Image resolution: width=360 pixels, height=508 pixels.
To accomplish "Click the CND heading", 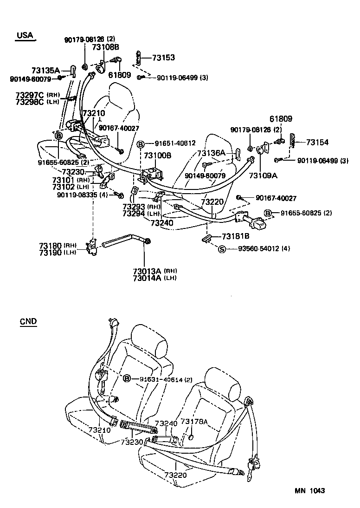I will click(28, 321).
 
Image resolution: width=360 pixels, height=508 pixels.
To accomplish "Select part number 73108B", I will click(105, 47).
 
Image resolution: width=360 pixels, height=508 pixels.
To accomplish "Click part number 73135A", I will click(45, 71).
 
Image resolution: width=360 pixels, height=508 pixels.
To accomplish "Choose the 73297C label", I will click(29, 95).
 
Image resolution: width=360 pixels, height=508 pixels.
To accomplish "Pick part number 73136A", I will click(211, 153).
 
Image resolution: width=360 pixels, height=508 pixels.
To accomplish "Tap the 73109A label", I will click(263, 176).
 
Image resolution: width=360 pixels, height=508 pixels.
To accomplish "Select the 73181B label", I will click(236, 236).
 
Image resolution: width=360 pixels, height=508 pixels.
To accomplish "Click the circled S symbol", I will click(222, 249).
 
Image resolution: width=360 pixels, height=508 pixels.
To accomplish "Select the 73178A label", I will click(193, 422).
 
